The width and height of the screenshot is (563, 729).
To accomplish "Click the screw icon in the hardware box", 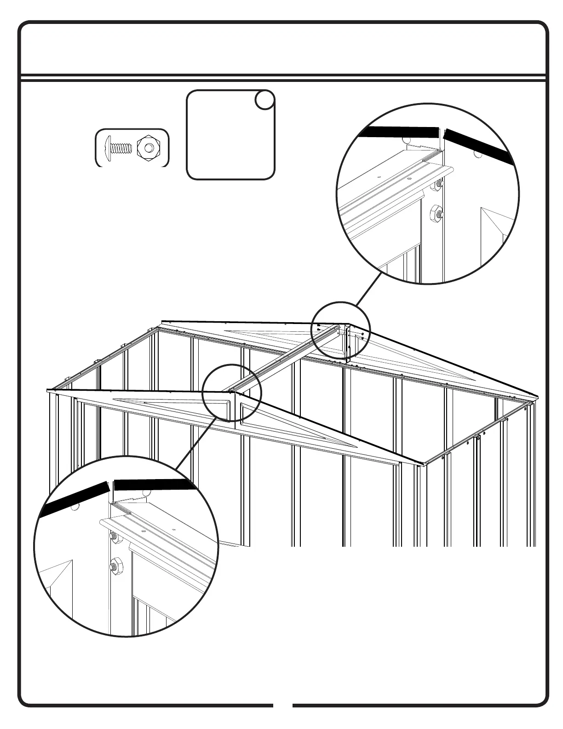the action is [119, 148].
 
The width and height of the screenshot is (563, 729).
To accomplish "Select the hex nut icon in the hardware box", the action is [148, 148].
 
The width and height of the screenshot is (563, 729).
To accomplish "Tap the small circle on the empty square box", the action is [264, 100].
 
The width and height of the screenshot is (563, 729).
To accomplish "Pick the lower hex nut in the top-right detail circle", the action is [435, 213].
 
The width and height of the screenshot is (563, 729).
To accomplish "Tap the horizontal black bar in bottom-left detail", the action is [152, 485].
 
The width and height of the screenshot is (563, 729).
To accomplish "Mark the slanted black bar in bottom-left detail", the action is [74, 499].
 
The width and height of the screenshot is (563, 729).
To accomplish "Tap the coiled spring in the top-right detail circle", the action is [427, 157].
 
